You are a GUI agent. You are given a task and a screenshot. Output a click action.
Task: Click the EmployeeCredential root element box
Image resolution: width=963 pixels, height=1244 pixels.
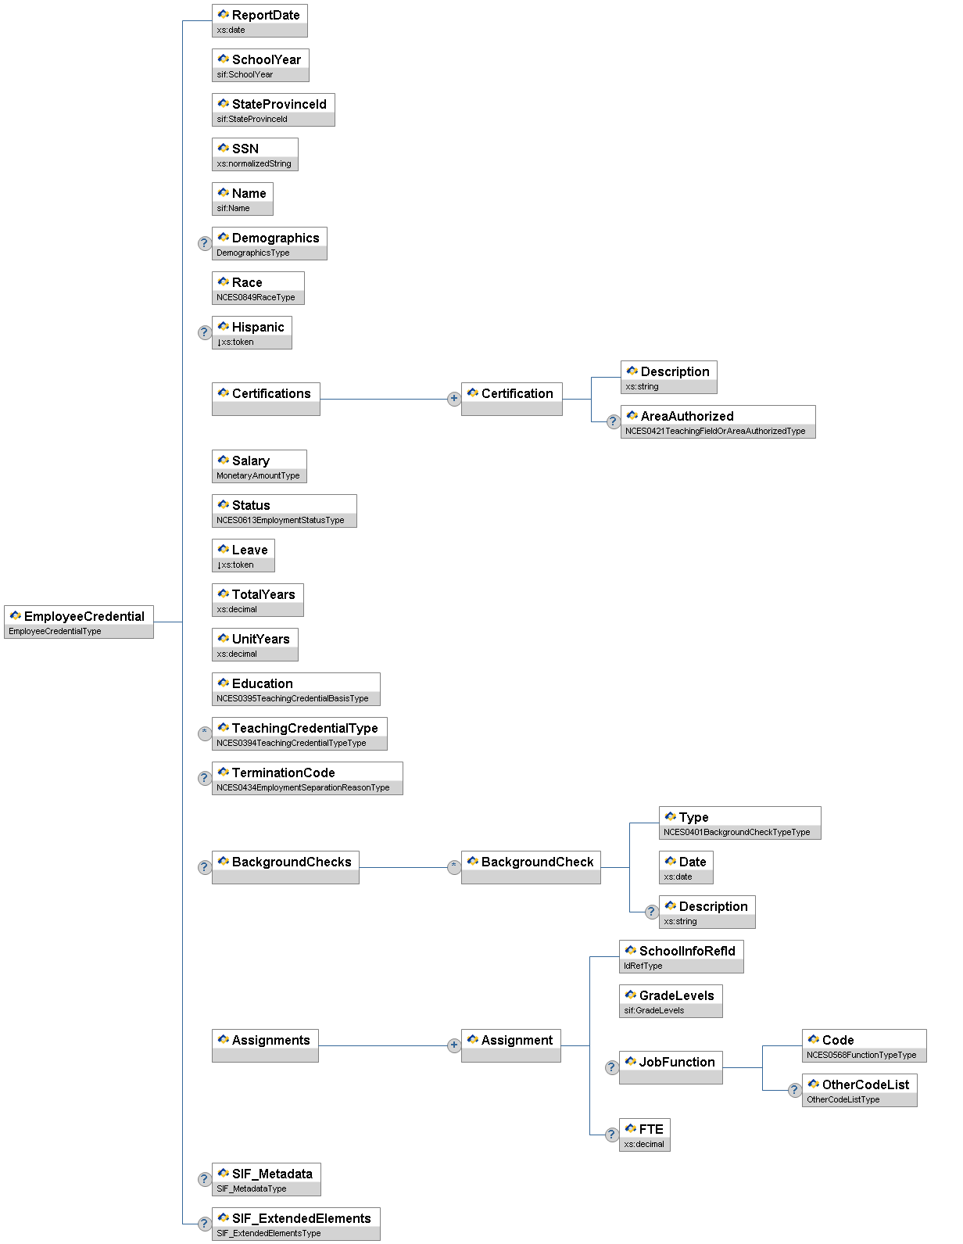tap(78, 622)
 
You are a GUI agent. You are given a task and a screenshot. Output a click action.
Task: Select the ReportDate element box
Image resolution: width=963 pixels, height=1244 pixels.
tap(260, 20)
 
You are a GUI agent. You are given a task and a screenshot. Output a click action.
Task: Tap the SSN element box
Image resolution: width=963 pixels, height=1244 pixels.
tap(255, 154)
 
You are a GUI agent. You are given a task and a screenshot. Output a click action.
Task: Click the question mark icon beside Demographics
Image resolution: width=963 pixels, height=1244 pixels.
tap(204, 243)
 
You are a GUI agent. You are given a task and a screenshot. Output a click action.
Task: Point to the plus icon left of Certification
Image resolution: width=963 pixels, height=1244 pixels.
tap(453, 399)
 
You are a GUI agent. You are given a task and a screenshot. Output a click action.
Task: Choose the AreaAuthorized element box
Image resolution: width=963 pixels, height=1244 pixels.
tap(718, 421)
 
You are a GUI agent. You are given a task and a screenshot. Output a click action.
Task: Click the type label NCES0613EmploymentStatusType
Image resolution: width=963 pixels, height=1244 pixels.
tap(281, 520)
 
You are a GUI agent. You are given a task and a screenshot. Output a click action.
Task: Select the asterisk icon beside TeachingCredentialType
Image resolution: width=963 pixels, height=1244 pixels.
tap(204, 733)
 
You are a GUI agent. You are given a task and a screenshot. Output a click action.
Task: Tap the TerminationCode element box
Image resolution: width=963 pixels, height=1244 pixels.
tap(307, 778)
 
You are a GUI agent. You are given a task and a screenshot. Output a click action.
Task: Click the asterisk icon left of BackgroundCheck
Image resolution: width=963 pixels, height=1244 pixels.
tap(453, 867)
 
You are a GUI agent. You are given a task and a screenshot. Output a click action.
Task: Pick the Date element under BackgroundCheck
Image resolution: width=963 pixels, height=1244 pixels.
tap(686, 867)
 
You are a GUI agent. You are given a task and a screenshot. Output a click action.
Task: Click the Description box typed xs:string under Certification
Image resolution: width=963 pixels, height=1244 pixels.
tap(668, 377)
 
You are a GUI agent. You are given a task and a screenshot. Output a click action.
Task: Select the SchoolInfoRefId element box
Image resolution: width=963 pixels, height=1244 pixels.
tap(681, 956)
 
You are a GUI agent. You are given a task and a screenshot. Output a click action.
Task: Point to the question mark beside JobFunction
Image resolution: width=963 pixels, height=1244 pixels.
tap(612, 1067)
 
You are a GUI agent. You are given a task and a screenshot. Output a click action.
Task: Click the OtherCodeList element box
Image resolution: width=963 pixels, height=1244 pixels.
tap(859, 1090)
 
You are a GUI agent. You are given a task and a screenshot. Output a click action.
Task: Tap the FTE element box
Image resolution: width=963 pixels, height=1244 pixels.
tap(644, 1135)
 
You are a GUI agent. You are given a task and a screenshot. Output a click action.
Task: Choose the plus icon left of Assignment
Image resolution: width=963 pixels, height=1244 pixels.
tap(453, 1045)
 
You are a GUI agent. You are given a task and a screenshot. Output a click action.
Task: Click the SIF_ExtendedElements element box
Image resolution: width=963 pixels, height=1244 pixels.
tap(295, 1224)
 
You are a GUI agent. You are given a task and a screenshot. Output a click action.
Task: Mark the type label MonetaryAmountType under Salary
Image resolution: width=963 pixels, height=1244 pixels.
tap(258, 475)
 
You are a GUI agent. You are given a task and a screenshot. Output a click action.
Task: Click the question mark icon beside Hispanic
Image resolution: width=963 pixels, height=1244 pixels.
tap(204, 332)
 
